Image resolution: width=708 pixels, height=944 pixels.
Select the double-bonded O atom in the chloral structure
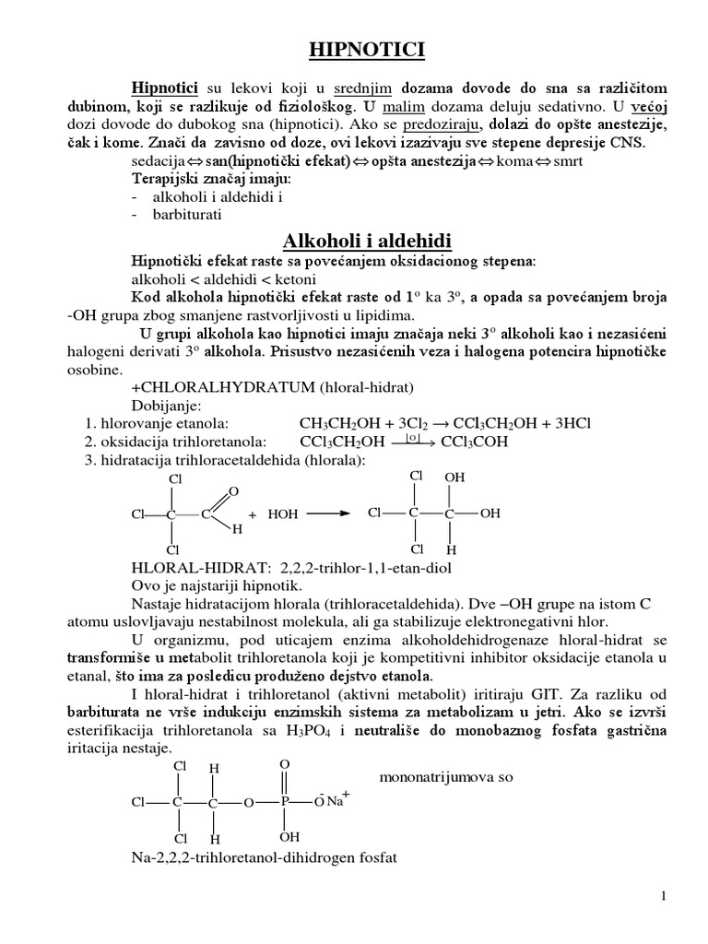(x=233, y=491)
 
